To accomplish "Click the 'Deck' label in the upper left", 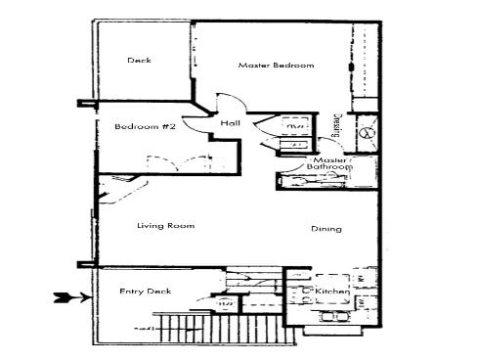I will click(139, 61).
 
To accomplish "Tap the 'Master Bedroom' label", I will click(276, 66).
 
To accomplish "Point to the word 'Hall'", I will click(230, 124).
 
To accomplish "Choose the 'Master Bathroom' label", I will click(331, 163).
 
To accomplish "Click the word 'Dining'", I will click(326, 230).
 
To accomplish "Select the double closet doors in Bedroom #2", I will click(160, 161).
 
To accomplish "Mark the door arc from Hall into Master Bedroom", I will click(227, 101).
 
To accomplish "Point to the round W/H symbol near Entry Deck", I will click(226, 304).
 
